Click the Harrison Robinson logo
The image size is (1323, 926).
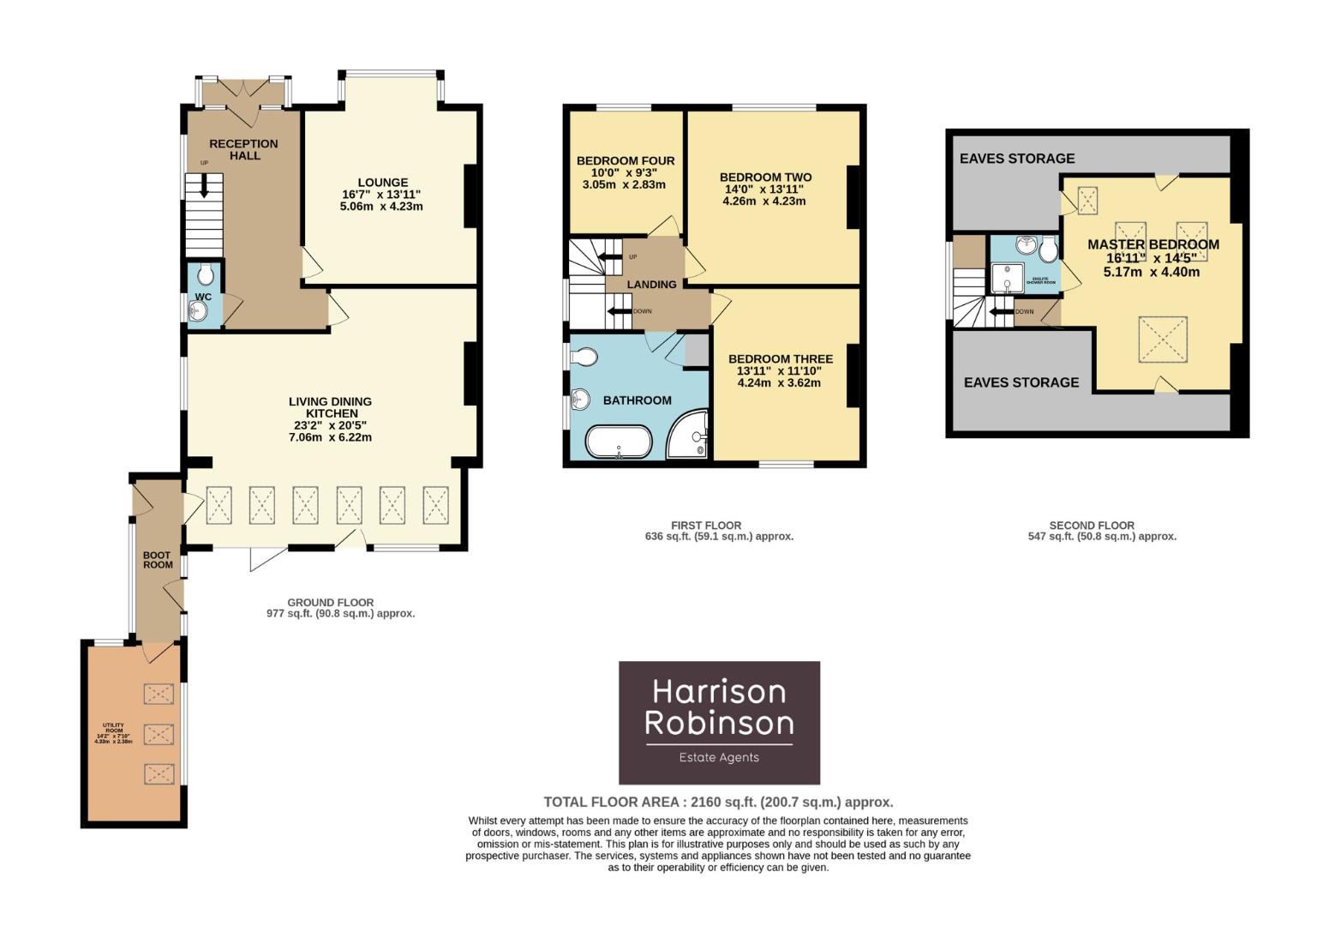[x=719, y=722]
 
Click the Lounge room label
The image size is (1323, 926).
[x=382, y=182]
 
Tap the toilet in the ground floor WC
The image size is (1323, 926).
[x=205, y=275]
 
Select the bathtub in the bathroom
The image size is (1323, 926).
[x=618, y=442]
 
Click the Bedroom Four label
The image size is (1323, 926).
[x=626, y=160]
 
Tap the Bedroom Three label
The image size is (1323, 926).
[x=780, y=359]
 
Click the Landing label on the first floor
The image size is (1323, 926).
[x=651, y=284]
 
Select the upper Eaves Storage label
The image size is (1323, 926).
[x=1016, y=159]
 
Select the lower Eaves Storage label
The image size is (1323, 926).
[x=1021, y=382]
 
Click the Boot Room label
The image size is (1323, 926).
[x=158, y=560]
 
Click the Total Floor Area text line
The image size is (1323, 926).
[x=718, y=803]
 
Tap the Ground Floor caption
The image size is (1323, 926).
[x=330, y=603]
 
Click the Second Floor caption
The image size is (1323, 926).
[x=1092, y=526]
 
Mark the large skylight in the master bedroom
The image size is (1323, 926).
[x=1162, y=340]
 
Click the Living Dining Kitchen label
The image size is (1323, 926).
[x=330, y=407]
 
